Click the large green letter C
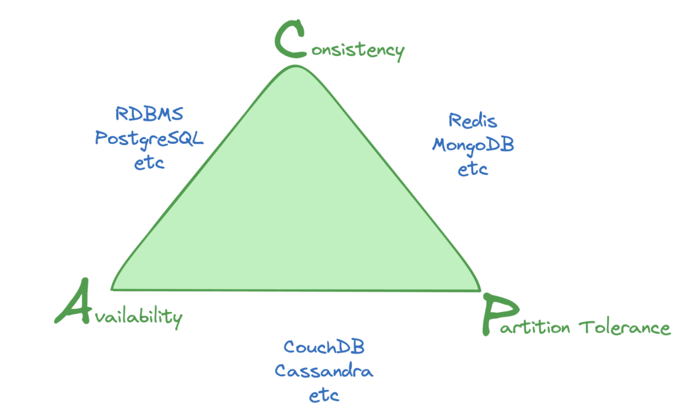pos(291,39)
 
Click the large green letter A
pos(73,302)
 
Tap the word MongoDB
pos(473,144)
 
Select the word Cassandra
pos(324,371)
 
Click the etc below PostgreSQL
pos(149,162)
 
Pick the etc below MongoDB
pos(473,169)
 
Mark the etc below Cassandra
pos(324,396)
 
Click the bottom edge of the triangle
pos(297,290)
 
